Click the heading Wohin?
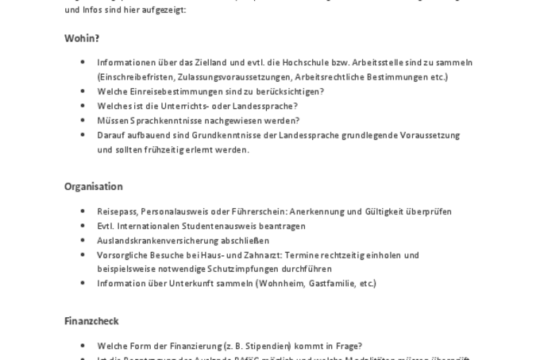tap(82, 38)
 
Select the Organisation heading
tap(93, 187)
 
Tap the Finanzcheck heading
tap(91, 321)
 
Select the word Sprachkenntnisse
tap(165, 121)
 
